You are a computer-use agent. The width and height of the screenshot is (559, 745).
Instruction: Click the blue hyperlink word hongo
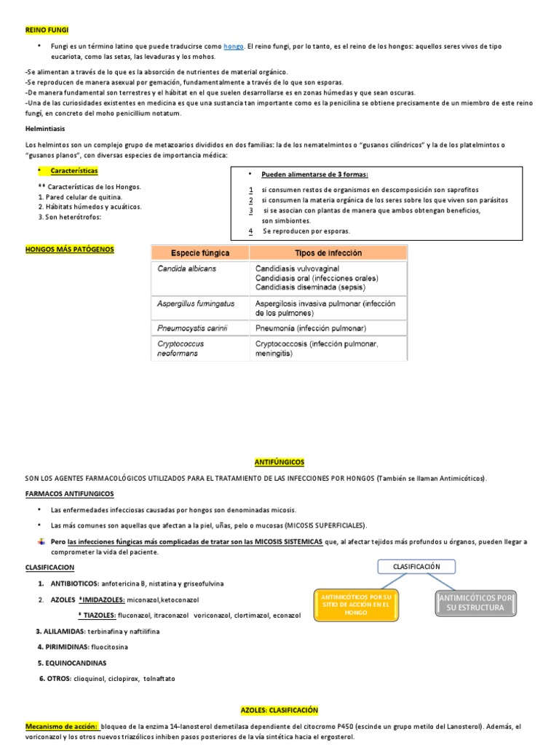(234, 47)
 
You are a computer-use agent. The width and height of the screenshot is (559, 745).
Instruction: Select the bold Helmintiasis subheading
(45, 129)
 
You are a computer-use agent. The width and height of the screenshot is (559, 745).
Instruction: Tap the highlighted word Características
(74, 170)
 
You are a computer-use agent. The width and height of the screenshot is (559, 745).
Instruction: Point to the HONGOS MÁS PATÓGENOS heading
(70, 250)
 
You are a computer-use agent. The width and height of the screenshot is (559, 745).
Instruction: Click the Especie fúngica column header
(199, 253)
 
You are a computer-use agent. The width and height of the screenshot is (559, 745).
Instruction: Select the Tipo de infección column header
(328, 253)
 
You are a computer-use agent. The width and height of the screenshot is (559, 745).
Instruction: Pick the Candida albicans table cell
(186, 268)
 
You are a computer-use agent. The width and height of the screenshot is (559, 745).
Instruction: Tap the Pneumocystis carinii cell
(192, 328)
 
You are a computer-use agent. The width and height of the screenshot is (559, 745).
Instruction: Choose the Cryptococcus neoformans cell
(181, 348)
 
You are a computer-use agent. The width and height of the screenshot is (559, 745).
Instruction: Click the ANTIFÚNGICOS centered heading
(279, 462)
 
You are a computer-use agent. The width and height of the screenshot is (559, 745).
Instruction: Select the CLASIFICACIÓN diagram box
(417, 566)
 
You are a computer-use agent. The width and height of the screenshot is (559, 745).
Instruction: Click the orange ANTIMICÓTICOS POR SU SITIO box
(356, 604)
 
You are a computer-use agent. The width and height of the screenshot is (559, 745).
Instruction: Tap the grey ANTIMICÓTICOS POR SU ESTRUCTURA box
(475, 602)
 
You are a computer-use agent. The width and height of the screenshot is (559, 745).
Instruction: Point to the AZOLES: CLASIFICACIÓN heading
(279, 709)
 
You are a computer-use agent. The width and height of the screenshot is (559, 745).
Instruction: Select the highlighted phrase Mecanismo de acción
(61, 727)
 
